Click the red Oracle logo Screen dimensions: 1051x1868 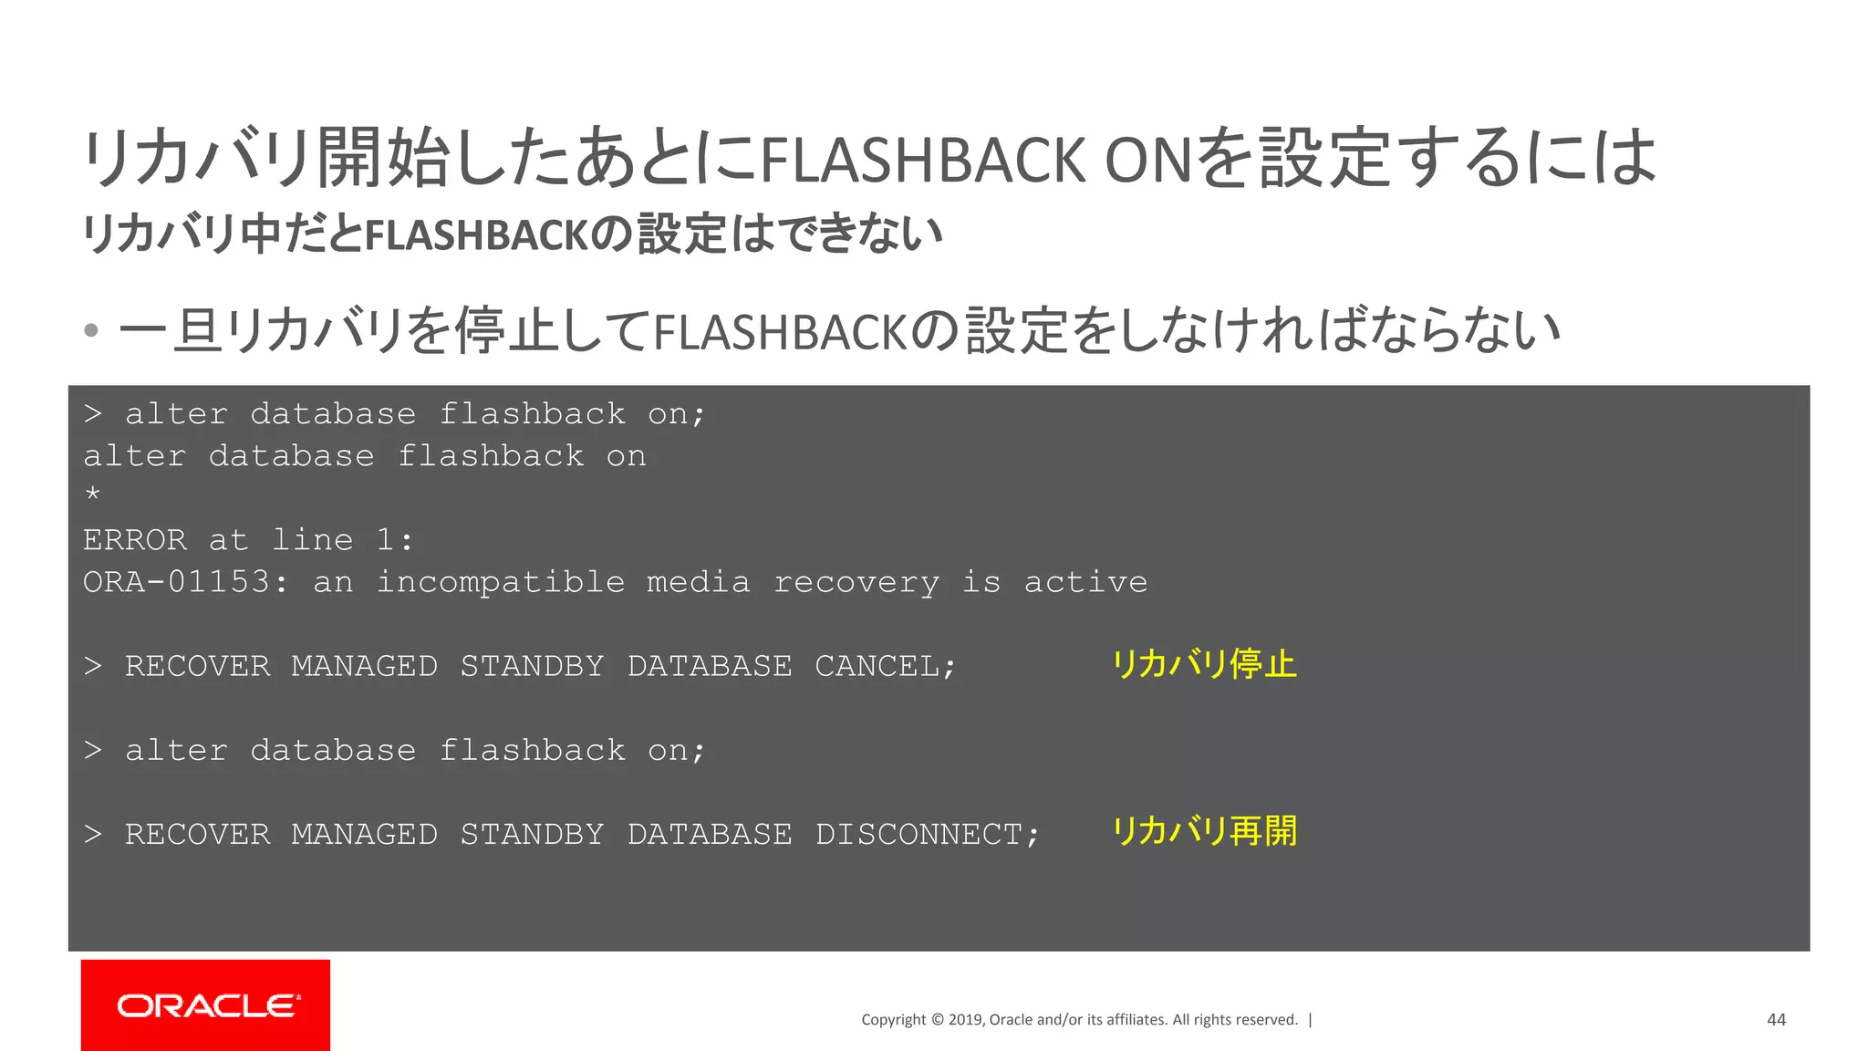[205, 1004]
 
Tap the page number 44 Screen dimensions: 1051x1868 [1776, 1020]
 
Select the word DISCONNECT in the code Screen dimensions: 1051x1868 [918, 835]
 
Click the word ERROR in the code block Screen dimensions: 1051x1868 [135, 540]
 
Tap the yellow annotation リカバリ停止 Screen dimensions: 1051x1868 [1204, 664]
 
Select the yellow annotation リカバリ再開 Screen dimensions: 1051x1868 [1204, 831]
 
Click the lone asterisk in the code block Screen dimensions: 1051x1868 [92, 494]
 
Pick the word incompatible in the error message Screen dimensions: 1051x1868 [501, 582]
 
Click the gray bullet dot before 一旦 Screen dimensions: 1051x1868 [90, 330]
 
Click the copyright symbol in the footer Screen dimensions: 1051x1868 [937, 1020]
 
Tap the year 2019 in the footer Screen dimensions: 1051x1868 [966, 1020]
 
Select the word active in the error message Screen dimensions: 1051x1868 [1085, 582]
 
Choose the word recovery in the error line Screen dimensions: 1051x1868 [856, 582]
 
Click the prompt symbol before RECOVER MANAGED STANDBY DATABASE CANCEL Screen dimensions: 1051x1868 [93, 667]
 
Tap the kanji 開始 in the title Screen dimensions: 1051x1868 [382, 158]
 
